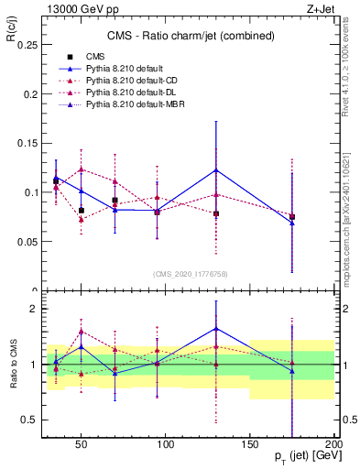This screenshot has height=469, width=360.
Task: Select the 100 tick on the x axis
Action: click(x=167, y=442)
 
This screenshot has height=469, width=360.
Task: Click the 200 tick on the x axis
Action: click(x=334, y=442)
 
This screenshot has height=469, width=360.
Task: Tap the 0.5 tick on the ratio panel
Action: click(x=27, y=420)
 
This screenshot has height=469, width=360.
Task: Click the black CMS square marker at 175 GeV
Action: click(x=292, y=217)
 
